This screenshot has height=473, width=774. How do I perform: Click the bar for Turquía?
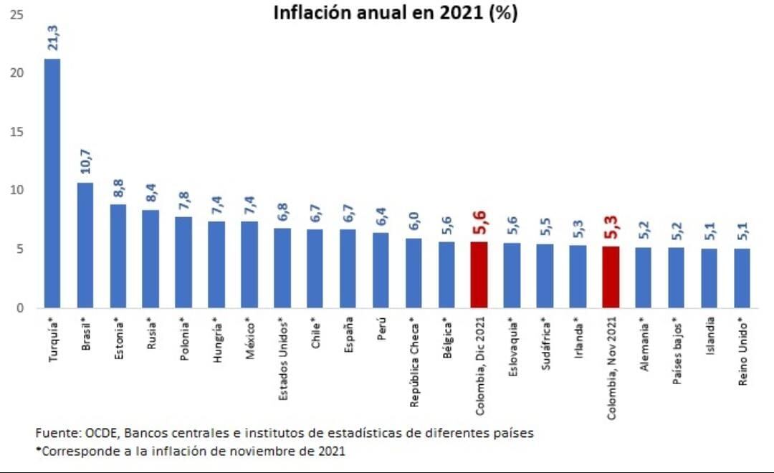coord(52,183)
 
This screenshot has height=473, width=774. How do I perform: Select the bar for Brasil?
coord(85,246)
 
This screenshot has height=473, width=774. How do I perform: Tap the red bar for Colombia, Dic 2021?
coord(479,275)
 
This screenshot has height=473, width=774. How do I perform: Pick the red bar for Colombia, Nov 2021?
coord(611,277)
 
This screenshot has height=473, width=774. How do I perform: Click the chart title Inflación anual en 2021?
coord(395,14)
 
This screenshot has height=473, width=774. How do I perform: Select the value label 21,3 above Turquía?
coord(53,36)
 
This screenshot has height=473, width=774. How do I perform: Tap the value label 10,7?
coord(85,162)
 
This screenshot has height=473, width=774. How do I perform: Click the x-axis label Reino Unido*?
coord(744,353)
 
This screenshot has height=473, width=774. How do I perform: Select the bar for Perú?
coord(381,271)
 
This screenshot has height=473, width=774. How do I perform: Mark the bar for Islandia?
coord(709,279)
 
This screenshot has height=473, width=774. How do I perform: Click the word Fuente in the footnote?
coord(54,434)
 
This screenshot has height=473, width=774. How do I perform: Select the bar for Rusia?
coord(150,259)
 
